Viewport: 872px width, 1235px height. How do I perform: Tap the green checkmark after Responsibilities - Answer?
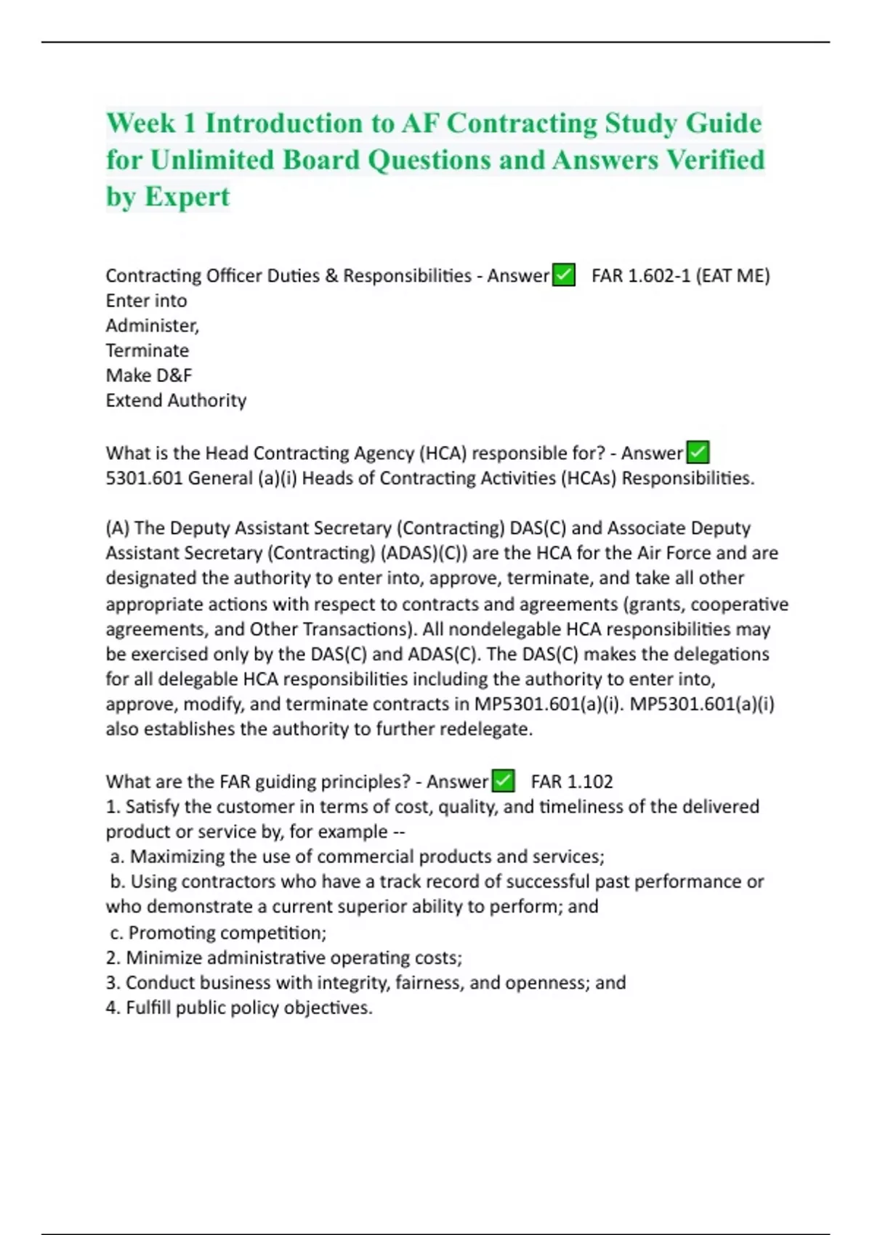(564, 275)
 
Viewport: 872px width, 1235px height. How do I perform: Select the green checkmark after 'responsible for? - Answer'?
(698, 453)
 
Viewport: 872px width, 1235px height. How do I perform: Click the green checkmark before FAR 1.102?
(504, 781)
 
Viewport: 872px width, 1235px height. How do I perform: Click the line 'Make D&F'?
(149, 376)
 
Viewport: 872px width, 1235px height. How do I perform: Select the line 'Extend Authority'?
(176, 400)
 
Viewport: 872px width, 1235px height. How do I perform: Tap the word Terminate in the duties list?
(148, 351)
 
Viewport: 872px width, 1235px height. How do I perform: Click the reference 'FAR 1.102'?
(572, 782)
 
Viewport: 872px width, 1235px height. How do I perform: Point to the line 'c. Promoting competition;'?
(218, 933)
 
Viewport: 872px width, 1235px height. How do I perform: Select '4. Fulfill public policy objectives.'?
(239, 1008)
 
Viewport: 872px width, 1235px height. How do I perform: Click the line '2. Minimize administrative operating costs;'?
(284, 957)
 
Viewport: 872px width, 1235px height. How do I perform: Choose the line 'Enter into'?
(146, 301)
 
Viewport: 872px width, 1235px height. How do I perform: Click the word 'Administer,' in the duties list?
(153, 325)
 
